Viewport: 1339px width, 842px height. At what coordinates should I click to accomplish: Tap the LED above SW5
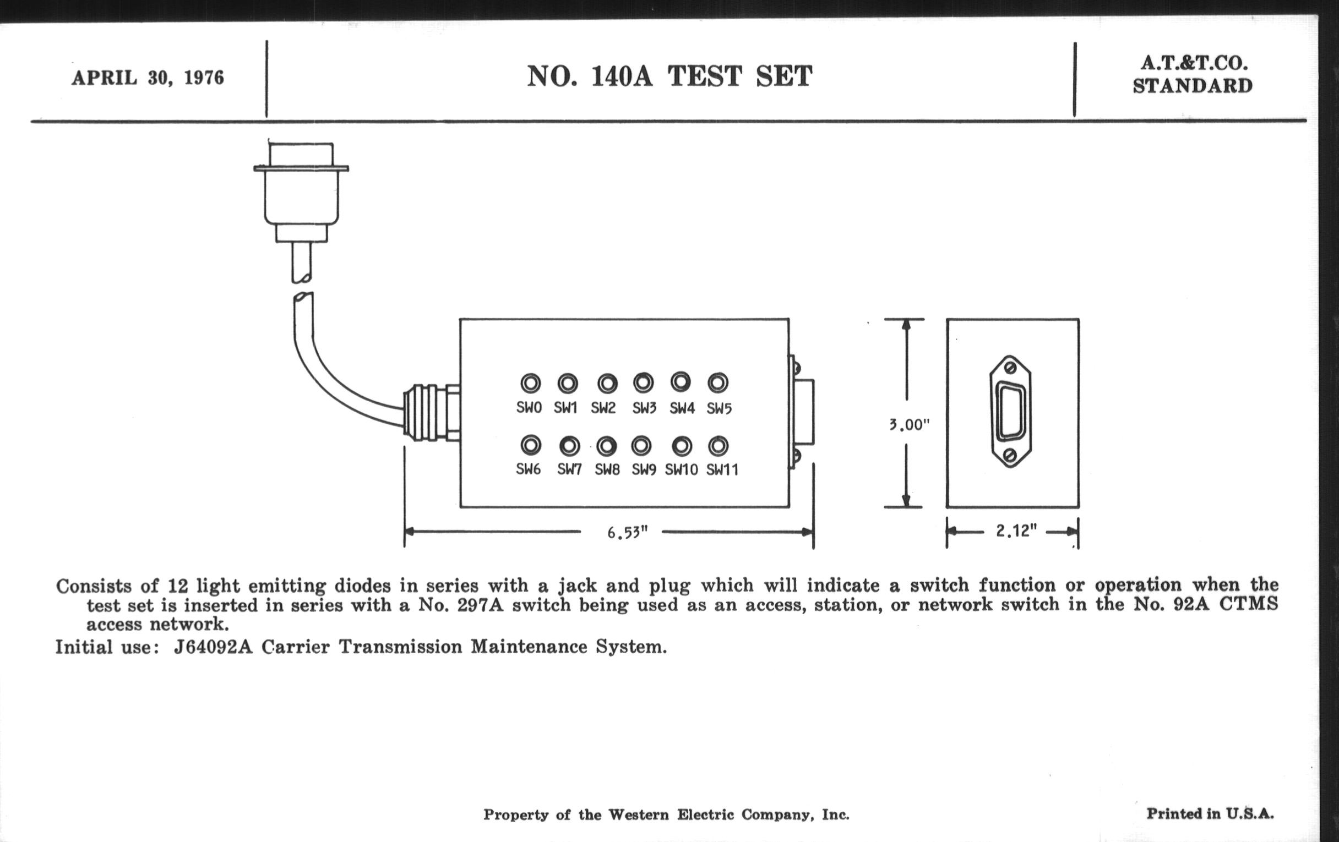click(718, 383)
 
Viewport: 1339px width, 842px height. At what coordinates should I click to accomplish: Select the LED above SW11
click(719, 446)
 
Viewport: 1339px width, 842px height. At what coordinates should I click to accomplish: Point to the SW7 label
click(569, 469)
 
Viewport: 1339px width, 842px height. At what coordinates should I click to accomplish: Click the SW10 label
click(681, 469)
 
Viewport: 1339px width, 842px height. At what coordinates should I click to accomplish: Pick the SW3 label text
click(644, 408)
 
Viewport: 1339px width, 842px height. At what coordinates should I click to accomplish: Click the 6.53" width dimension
click(627, 533)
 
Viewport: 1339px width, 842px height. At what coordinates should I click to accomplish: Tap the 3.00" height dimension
click(908, 425)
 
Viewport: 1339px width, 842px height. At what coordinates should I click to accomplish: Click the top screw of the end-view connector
click(1010, 368)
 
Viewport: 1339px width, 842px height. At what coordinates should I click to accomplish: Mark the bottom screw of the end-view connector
click(1010, 456)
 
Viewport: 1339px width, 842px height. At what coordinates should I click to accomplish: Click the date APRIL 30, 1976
click(148, 78)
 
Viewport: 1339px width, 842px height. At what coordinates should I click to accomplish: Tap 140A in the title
click(621, 76)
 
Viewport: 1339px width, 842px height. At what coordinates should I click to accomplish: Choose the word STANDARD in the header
click(1193, 86)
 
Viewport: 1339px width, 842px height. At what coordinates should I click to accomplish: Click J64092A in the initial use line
click(213, 647)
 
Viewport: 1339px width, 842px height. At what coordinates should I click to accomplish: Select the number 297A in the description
click(480, 605)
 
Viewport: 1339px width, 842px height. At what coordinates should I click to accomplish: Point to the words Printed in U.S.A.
click(1210, 813)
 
